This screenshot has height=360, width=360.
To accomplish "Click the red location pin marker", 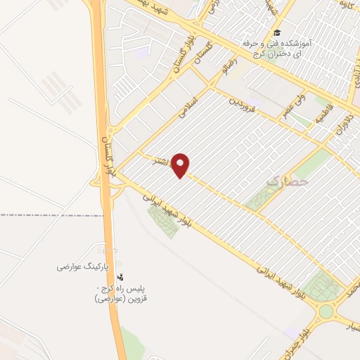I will pos(181,165).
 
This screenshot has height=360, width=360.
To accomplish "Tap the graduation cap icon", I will pos(277,33).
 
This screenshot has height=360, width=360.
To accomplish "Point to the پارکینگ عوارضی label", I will pos(84,267).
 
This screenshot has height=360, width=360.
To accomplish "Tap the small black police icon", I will pos(120,277).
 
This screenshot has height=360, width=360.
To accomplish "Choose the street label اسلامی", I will pos(190,107).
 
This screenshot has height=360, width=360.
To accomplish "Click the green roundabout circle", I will pos(326,310).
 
